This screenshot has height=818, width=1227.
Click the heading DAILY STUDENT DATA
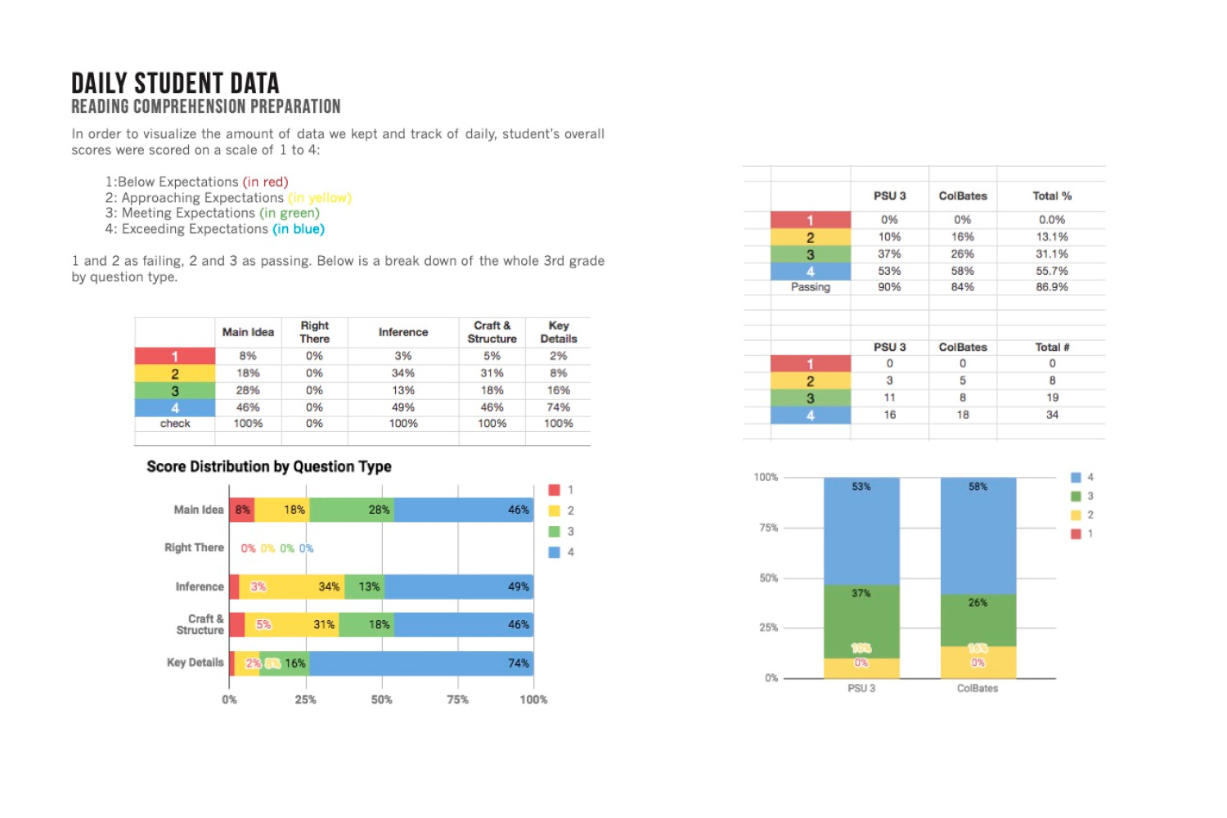point(175,83)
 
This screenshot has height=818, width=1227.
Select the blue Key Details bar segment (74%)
point(420,663)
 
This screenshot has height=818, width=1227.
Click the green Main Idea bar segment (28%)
point(352,510)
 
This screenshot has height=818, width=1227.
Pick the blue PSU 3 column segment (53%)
point(861,532)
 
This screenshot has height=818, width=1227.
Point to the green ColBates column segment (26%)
point(978,620)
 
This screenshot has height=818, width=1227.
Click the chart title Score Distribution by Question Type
point(269,466)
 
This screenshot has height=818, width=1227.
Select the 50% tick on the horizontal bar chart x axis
point(381,699)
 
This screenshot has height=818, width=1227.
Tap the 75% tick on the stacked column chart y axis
point(768,528)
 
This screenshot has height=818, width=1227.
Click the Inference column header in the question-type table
point(403,332)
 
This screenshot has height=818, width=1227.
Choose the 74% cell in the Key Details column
point(558,407)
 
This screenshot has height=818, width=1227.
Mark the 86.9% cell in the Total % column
point(1052,287)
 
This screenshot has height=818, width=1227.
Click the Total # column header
point(1052,347)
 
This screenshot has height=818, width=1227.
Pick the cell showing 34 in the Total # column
point(1052,415)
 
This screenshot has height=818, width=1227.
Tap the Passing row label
point(810,287)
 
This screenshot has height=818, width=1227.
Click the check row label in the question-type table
point(175,424)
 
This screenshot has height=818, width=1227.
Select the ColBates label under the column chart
point(978,688)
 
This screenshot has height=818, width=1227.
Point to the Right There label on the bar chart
point(194,547)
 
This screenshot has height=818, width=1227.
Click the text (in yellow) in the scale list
point(320,198)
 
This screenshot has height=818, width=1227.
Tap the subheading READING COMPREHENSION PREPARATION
point(206,107)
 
